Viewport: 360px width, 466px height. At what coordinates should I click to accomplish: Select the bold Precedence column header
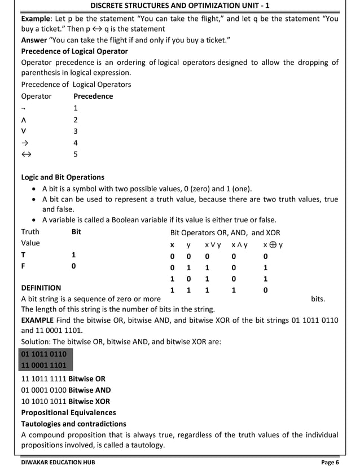click(93, 96)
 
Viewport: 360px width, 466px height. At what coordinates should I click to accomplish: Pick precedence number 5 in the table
click(76, 154)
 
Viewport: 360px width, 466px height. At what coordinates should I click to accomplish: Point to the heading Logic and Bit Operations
click(63, 177)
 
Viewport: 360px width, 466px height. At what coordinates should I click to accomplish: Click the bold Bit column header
click(77, 232)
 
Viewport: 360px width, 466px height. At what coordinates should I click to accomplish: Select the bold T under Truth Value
click(23, 255)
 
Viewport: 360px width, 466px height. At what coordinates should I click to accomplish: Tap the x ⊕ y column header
click(273, 245)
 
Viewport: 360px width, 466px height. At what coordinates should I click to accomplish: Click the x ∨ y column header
click(213, 245)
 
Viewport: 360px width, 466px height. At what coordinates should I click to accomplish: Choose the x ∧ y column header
click(240, 245)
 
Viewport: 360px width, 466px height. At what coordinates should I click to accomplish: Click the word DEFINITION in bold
click(41, 288)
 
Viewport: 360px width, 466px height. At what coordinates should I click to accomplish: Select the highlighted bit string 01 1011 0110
click(44, 354)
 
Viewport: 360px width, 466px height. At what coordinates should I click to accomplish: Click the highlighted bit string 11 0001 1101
click(44, 365)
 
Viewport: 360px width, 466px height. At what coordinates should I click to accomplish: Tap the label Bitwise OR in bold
click(87, 379)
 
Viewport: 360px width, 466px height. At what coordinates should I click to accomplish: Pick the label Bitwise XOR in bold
click(89, 401)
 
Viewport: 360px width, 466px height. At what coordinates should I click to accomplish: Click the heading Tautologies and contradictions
click(73, 424)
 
